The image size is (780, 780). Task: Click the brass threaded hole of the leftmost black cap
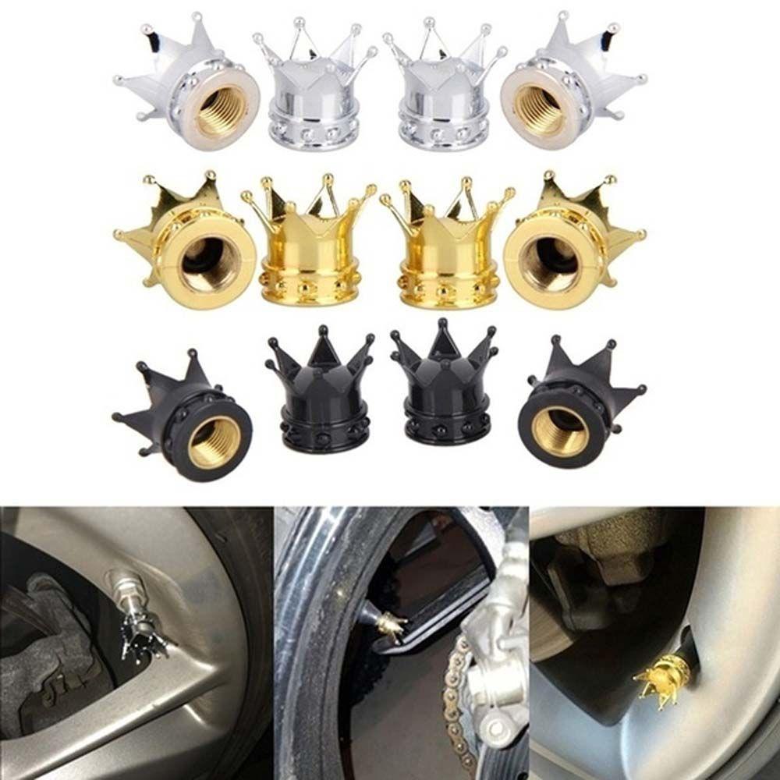tap(214, 441)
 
